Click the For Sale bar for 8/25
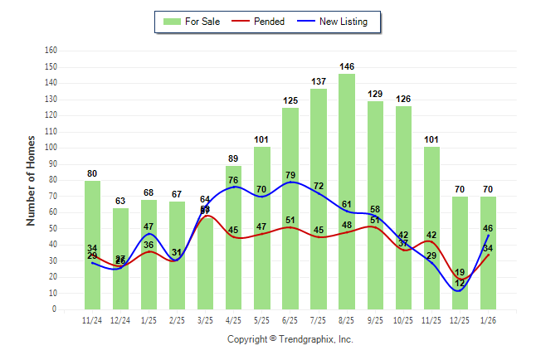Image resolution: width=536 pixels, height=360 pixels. pos(347,191)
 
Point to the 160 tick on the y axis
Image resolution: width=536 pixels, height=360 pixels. pos(51,51)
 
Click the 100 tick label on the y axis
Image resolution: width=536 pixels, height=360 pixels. pos(51,148)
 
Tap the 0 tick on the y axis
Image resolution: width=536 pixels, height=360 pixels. pos(54,309)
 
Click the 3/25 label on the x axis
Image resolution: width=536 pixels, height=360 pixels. pos(206,321)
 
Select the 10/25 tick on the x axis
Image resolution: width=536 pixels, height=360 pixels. pos(403,321)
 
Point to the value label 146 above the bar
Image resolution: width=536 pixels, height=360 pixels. pos(347,66)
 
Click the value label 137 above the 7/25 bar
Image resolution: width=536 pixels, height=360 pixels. pos(319,81)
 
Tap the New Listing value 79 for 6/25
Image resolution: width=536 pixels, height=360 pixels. pos(290,175)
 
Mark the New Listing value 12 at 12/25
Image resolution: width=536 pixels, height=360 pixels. pos(459,285)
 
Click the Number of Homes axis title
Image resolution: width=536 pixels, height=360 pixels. pos(31,180)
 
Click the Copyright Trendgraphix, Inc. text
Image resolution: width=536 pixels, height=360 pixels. pos(290,339)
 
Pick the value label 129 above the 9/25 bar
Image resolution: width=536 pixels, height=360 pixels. pos(375,95)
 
